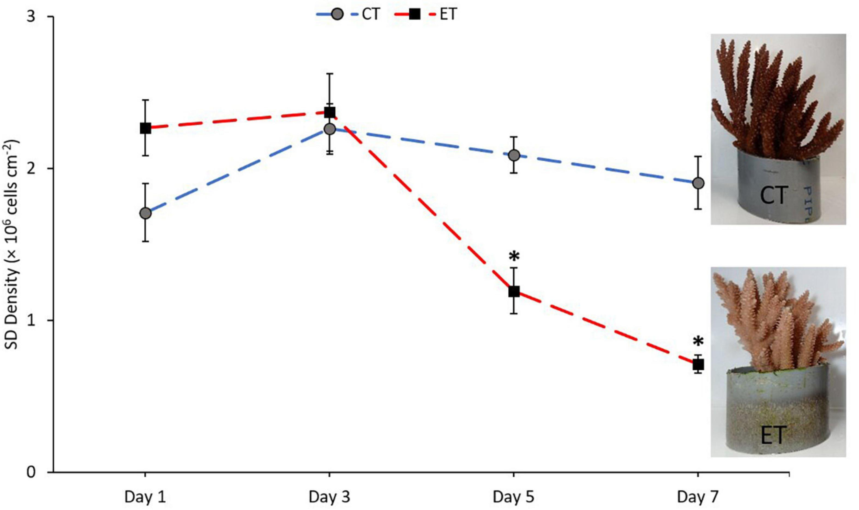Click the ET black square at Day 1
point(145,128)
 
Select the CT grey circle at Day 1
point(145,213)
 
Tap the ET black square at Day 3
point(330,112)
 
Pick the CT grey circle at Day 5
point(514,155)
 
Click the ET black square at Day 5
point(514,291)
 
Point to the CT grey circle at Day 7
point(698,183)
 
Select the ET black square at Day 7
point(698,364)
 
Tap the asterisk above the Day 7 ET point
point(698,342)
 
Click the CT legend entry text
point(370,15)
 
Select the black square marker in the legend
point(415,15)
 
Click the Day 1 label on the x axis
point(145,497)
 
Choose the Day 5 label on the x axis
point(514,497)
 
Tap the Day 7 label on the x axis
point(698,497)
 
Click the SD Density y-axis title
point(13,245)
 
